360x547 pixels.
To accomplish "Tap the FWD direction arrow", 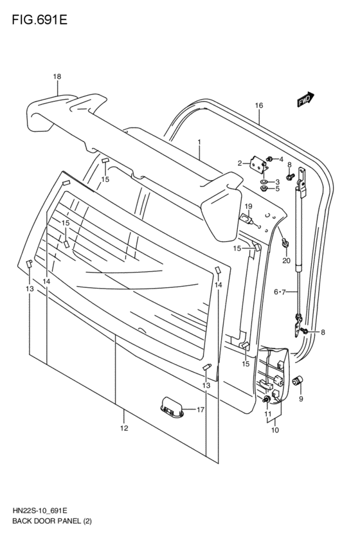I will tap(305, 98).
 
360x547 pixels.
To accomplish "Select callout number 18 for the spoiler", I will tap(57, 76).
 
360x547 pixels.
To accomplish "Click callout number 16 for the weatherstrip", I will tap(259, 105).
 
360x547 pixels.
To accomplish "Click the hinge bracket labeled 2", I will tap(260, 166).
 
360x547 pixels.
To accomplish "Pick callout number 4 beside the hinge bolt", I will tap(280, 159).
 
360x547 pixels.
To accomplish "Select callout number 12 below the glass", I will tap(124, 428).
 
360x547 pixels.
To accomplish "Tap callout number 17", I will tap(200, 409).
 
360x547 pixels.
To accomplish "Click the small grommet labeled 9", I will tap(298, 382).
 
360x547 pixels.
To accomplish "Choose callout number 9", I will tap(300, 399).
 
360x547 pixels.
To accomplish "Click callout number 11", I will tap(267, 415).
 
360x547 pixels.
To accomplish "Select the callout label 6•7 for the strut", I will tap(280, 292).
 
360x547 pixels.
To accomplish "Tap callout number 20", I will tap(286, 260).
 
